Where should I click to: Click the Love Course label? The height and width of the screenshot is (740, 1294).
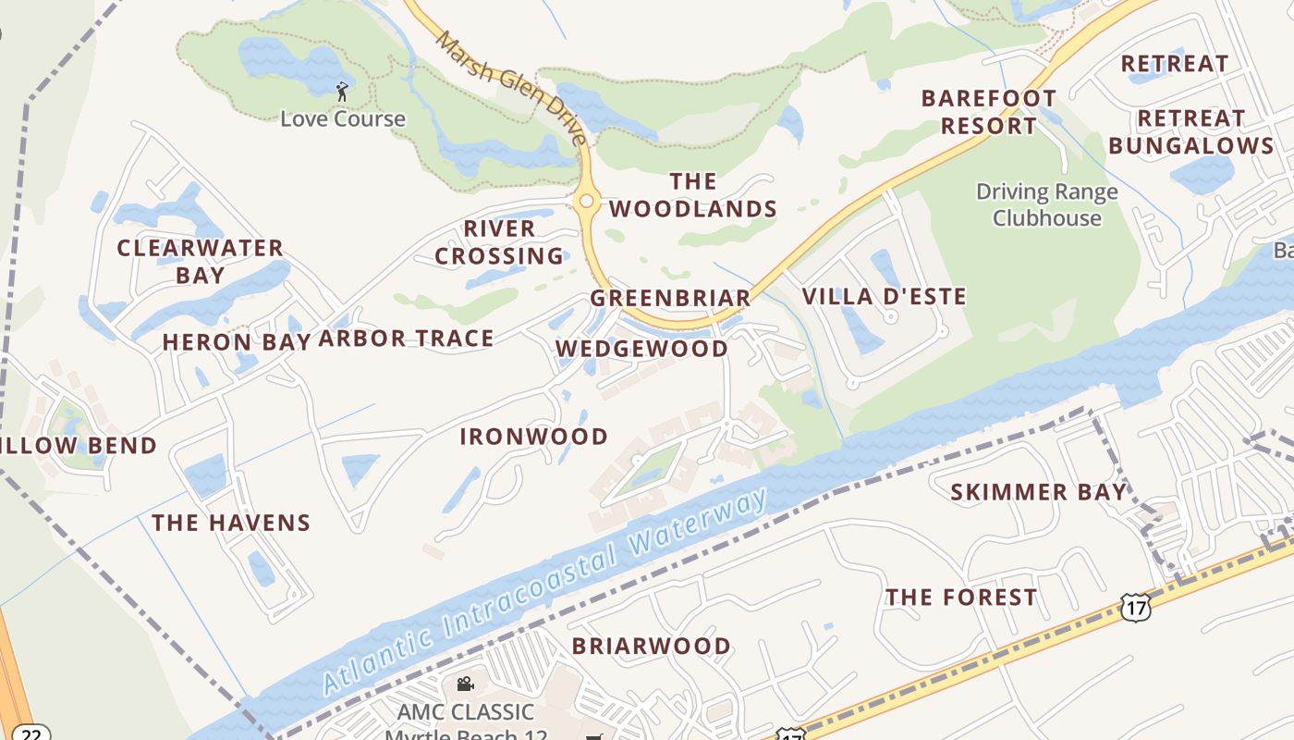pos(343,118)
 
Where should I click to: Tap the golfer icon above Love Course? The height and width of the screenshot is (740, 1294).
pos(342,92)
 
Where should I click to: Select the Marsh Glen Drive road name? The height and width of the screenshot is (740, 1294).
pos(511,87)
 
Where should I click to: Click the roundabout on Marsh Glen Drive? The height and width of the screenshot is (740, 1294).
pos(585,200)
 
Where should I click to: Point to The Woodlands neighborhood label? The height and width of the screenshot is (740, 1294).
pos(693,195)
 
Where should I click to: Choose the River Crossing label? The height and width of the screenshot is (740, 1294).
pos(499,242)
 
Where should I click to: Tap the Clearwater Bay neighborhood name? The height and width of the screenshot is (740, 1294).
pos(200,261)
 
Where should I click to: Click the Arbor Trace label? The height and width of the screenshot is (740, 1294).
pos(406,339)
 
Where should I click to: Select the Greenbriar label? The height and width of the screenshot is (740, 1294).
pos(671,298)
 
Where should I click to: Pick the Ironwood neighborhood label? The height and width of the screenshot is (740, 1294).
pos(534,436)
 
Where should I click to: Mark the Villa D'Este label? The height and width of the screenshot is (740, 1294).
pos(884,296)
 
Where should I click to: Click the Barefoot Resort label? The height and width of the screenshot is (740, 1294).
pos(989,112)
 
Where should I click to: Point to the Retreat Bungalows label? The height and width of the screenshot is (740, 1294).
pos(1191,132)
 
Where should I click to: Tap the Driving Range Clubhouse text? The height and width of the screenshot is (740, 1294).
pos(1047,205)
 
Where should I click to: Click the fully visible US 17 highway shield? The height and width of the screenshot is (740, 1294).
pos(1135,607)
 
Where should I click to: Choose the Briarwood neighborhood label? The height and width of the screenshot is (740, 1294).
pos(652,646)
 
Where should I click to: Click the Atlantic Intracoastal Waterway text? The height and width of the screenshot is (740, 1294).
pos(545,592)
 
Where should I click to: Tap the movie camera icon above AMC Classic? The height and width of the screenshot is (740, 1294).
pos(466,684)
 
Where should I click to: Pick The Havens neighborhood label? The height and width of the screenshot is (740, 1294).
pos(231,523)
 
